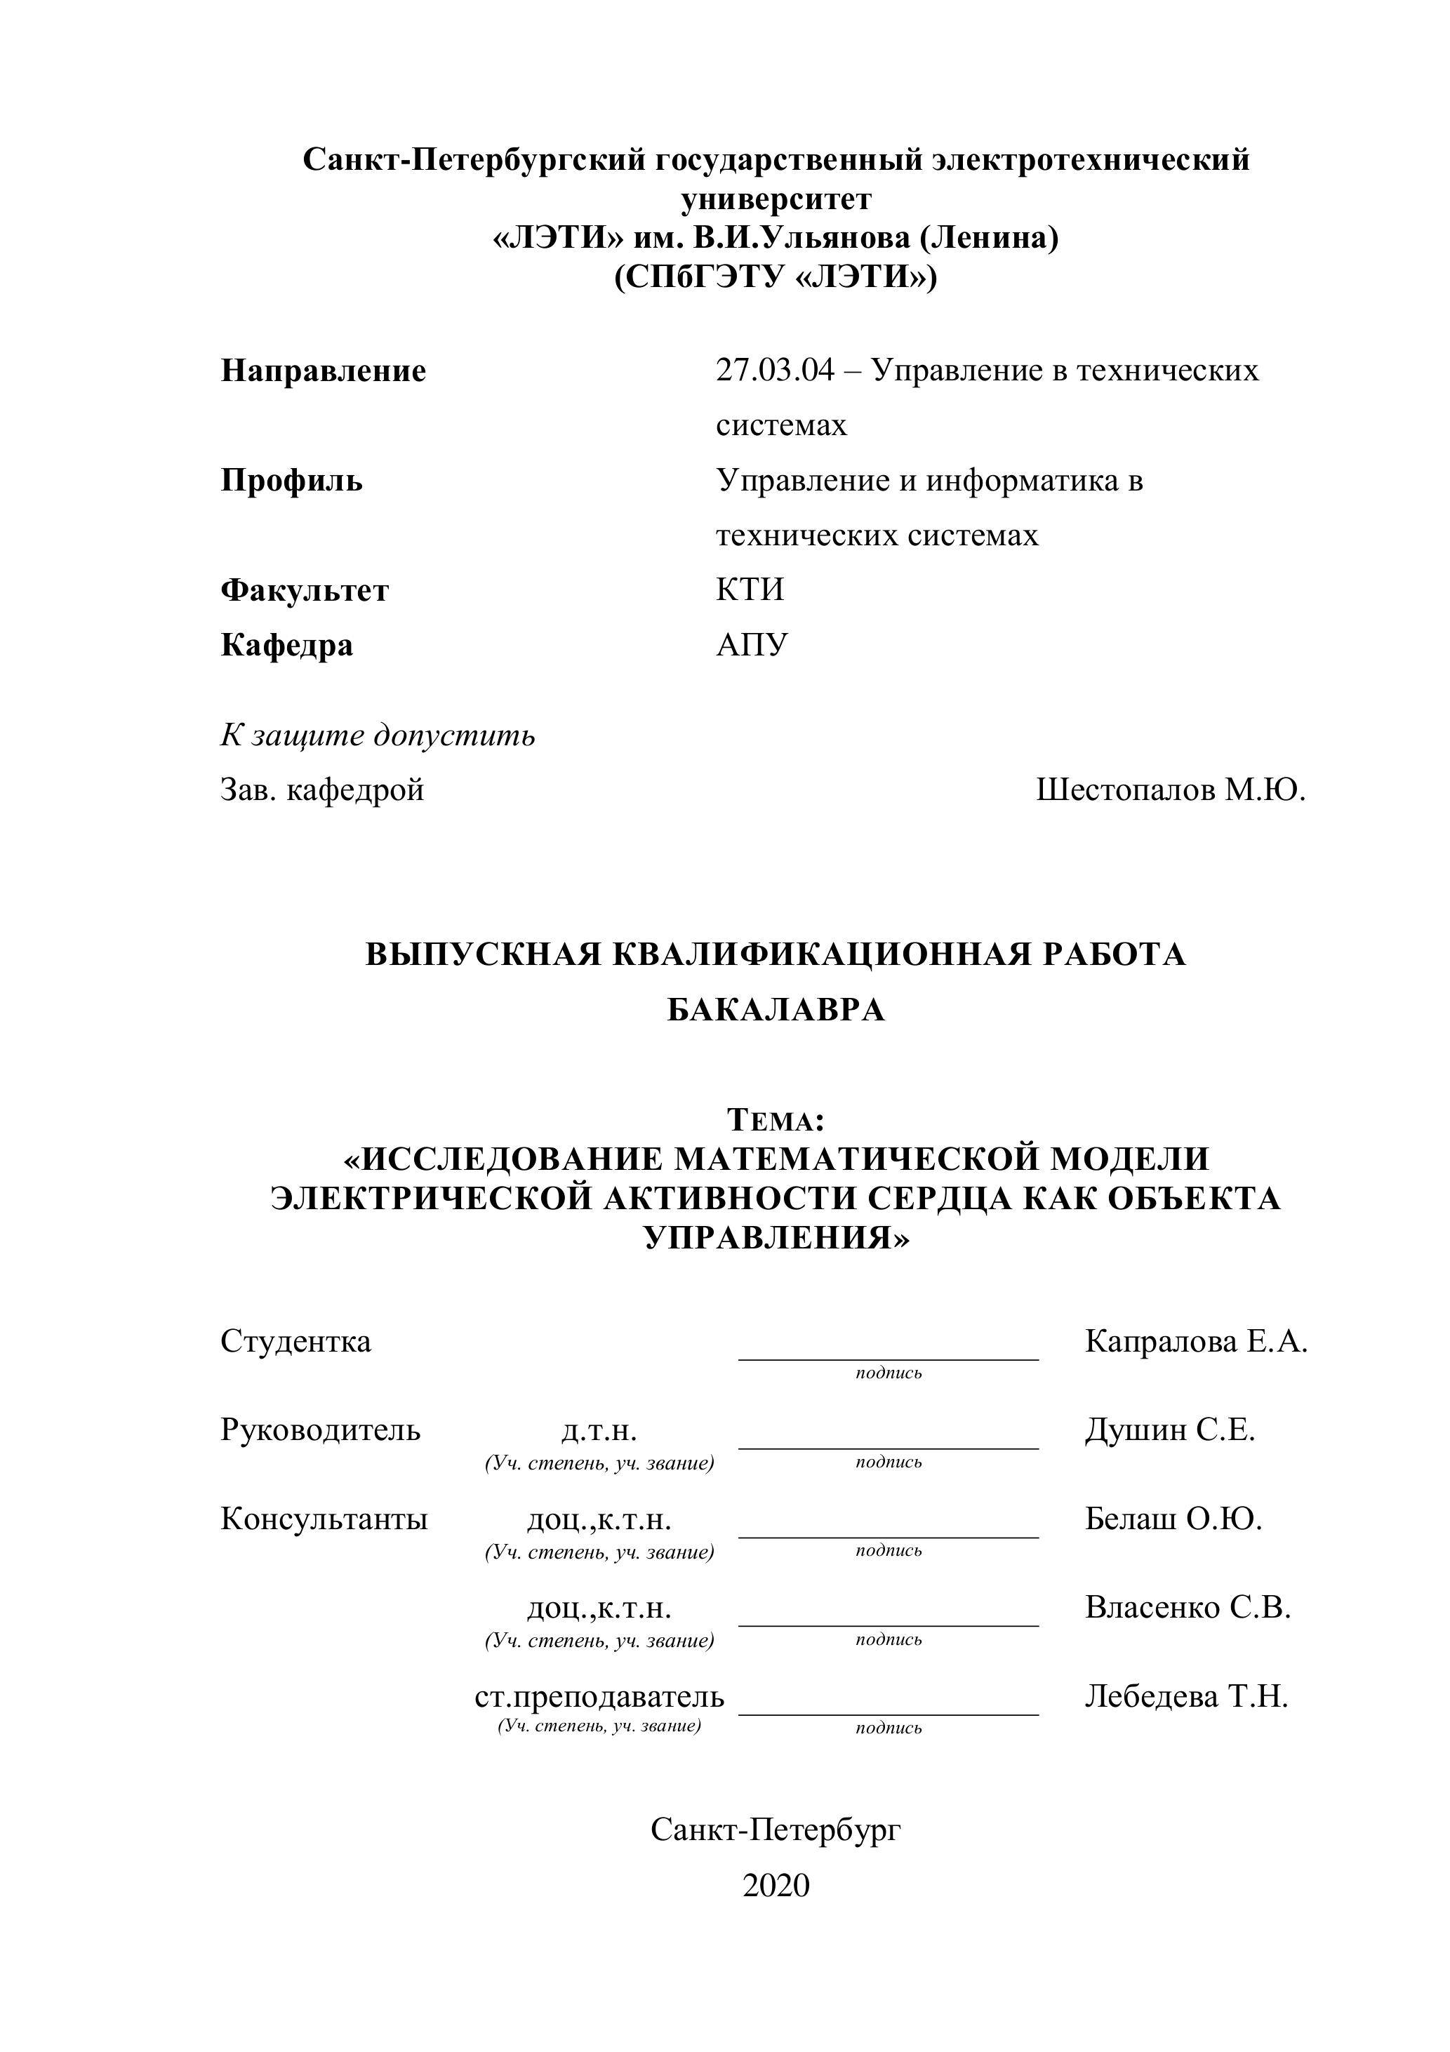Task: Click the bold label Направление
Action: [323, 371]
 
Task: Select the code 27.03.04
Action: [774, 370]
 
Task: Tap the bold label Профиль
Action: [291, 481]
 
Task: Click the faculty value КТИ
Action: [749, 590]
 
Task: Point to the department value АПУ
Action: [752, 644]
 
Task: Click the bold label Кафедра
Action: [286, 645]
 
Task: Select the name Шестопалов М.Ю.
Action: [1170, 790]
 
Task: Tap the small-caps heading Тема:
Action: [775, 1119]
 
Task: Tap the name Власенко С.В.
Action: [1188, 1607]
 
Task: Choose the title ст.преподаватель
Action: [599, 1696]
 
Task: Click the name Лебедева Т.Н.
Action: [1186, 1696]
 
